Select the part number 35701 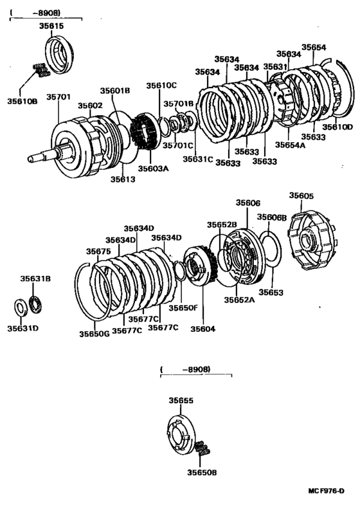[x=59, y=97]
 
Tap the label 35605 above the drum [x=301, y=196]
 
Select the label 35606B [x=273, y=217]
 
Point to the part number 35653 [x=271, y=293]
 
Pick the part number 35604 [x=203, y=329]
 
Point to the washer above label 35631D [x=20, y=306]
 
